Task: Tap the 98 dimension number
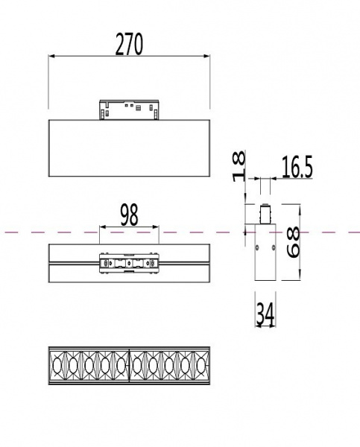[129, 216]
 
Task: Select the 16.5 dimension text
[297, 168]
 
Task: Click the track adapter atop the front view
[129, 109]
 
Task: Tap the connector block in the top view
[129, 264]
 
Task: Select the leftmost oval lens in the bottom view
[59, 364]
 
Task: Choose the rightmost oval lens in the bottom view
[200, 364]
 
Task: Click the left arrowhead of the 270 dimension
[51, 56]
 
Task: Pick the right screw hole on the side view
[272, 247]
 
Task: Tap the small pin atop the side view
[264, 212]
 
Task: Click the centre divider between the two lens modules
[130, 364]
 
